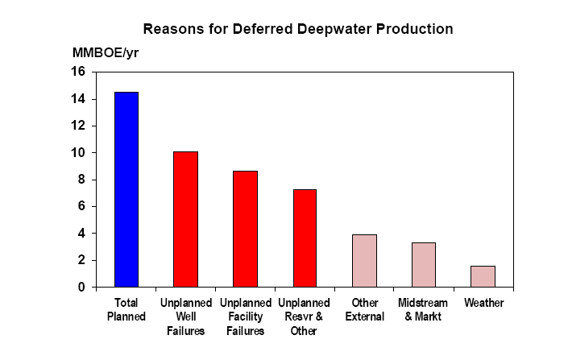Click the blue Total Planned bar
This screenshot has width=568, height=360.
126,189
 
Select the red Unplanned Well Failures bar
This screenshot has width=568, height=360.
186,219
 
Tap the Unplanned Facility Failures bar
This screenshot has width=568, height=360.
245,229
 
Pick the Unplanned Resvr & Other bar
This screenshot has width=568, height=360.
305,238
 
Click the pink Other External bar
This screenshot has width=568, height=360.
364,261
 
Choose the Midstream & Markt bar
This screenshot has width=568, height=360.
424,265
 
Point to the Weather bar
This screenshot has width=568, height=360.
483,277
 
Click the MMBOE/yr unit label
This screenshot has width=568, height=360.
106,53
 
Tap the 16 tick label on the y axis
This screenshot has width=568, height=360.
77,72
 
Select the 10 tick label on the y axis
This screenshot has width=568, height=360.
77,152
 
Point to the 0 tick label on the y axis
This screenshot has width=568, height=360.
81,288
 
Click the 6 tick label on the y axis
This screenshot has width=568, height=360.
81,206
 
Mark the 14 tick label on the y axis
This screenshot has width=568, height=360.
77,98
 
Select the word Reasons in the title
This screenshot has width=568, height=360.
173,29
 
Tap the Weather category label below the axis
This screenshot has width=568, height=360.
484,303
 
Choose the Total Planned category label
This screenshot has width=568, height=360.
126,309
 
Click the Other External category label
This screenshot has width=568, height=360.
365,309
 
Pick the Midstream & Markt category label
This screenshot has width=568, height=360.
423,309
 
